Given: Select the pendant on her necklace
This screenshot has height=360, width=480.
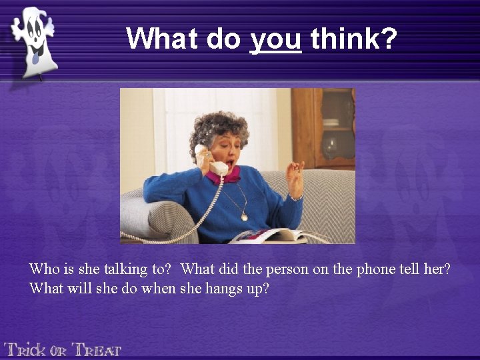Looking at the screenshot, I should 245,217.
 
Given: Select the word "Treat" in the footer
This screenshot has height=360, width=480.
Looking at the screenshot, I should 97,349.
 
